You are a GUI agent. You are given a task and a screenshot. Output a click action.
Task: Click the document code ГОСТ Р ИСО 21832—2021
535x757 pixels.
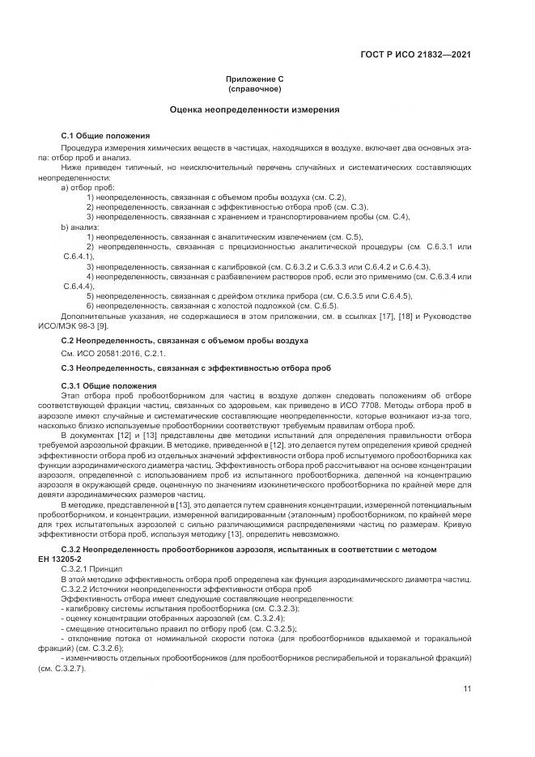415,55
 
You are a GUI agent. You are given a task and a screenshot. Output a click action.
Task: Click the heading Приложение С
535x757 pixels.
255,79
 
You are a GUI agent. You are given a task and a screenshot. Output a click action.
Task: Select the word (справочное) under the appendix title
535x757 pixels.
255,88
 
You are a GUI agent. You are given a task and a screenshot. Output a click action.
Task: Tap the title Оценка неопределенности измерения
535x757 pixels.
255,109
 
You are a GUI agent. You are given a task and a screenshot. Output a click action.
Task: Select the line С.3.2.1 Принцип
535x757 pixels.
91,570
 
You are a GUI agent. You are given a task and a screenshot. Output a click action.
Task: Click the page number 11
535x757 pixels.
467,689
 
